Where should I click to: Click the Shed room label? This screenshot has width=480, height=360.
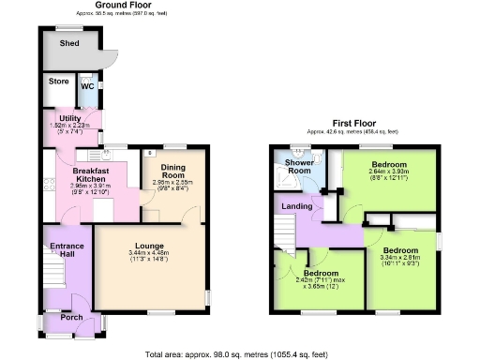tap(68, 43)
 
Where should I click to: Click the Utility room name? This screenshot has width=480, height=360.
tap(58, 119)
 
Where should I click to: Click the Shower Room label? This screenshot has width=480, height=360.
tap(298, 166)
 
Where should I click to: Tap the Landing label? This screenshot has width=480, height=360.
tap(297, 205)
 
